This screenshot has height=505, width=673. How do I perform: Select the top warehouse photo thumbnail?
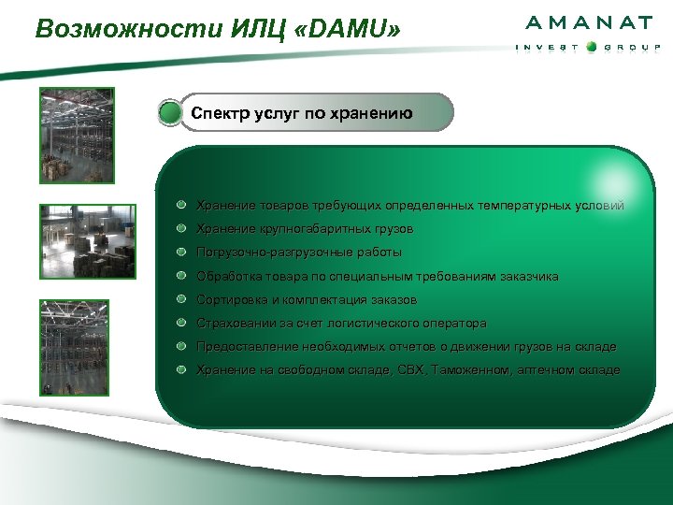[77, 135]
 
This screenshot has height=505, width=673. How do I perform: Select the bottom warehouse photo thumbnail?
[75, 345]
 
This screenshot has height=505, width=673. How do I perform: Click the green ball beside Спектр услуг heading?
[170, 114]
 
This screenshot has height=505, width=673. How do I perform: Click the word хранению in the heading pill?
[370, 114]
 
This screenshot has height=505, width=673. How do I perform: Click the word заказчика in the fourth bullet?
[528, 276]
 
